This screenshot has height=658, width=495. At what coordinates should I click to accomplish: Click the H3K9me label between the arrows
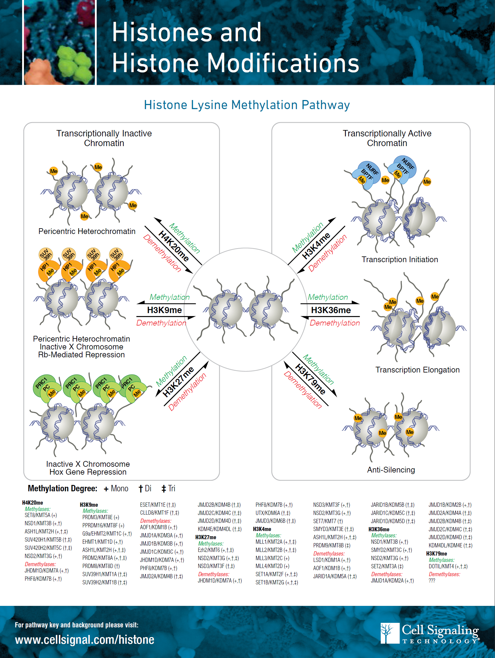(164, 310)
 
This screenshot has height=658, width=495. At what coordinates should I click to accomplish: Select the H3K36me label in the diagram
(331, 310)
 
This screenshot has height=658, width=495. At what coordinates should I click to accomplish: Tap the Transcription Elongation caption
(417, 370)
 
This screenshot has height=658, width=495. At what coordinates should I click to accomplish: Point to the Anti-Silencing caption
(391, 470)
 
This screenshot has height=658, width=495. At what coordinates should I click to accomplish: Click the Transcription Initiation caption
(400, 259)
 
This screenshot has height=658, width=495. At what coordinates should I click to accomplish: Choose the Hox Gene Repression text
(88, 472)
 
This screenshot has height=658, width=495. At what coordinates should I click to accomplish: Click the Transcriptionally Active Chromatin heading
(387, 138)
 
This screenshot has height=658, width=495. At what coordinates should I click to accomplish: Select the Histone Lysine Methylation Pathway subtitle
(247, 105)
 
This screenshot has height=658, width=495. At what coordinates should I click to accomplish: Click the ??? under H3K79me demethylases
(432, 580)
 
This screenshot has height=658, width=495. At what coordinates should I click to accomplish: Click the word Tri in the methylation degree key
(172, 488)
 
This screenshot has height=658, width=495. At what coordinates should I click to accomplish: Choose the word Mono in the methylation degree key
(119, 488)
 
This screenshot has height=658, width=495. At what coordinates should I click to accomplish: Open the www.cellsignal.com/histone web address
(85, 640)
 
